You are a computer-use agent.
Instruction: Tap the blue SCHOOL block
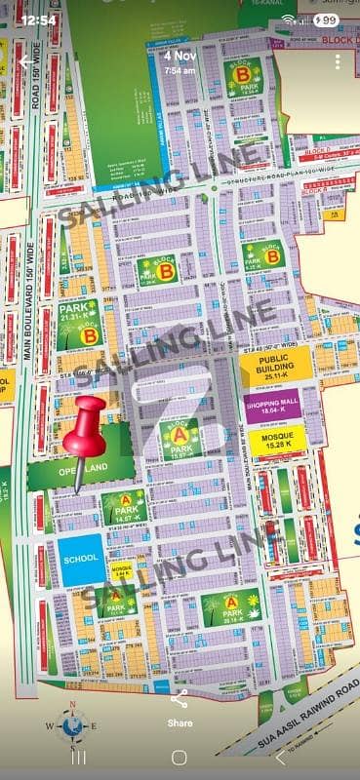(79, 560)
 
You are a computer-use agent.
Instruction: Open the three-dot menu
(337, 61)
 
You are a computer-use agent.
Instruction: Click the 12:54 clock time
(38, 19)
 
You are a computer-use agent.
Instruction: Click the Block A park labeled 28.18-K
(231, 607)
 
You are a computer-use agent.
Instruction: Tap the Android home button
(180, 758)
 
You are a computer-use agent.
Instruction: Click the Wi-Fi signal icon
(290, 19)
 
